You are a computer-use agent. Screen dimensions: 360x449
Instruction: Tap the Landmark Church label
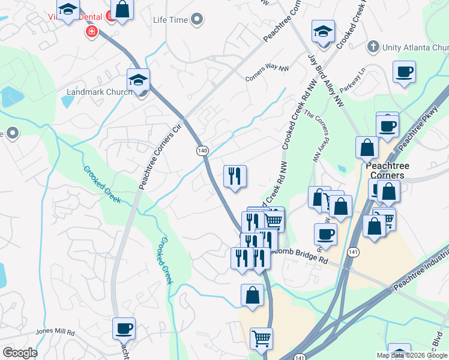point(99,92)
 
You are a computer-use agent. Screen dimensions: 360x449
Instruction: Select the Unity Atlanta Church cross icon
point(373,47)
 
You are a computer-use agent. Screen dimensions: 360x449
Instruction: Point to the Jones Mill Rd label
point(55,332)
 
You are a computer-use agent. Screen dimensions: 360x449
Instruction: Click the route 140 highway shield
point(203,151)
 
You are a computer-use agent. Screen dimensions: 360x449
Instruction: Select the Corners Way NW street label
point(267,73)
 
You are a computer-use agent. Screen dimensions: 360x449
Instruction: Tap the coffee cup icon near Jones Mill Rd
point(124,328)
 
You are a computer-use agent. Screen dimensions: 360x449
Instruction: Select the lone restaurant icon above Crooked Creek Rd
point(234,176)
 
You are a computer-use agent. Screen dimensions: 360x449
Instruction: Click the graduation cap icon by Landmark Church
point(138,79)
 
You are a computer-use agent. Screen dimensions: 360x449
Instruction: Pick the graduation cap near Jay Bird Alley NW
point(323,31)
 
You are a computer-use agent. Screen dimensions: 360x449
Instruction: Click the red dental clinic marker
point(92,31)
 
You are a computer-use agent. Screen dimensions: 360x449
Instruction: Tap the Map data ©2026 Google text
point(411,355)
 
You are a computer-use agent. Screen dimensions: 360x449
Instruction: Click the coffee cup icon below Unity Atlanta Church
point(404,72)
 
